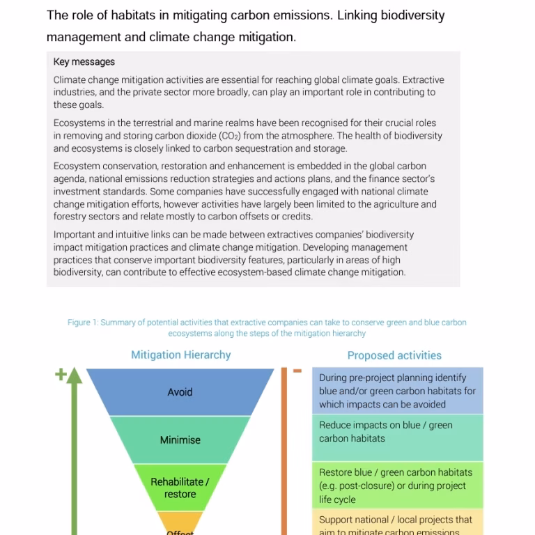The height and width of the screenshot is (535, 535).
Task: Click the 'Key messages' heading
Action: tap(84, 62)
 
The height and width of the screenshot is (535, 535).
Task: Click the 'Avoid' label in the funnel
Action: tap(180, 392)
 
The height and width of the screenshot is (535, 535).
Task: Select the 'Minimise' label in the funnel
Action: tap(180, 440)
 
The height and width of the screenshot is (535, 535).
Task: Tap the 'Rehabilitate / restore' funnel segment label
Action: tap(180, 488)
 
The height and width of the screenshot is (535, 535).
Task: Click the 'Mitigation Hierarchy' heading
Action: tap(180, 355)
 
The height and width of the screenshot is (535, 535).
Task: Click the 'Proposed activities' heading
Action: tap(394, 355)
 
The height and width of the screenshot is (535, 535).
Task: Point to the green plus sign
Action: tap(61, 374)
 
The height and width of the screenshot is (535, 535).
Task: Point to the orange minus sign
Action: tap(297, 371)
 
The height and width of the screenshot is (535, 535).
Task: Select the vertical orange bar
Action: tap(284, 453)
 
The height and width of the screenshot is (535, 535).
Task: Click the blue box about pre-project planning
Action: tap(397, 391)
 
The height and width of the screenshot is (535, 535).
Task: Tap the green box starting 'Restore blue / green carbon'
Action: tap(397, 486)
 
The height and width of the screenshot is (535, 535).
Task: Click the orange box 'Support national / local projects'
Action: tap(397, 524)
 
